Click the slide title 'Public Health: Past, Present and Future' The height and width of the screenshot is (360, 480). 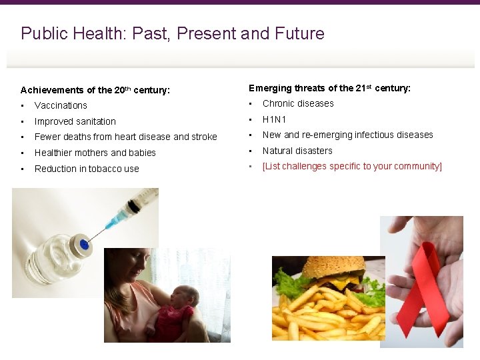point(173,33)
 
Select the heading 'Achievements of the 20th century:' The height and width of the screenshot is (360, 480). point(95,89)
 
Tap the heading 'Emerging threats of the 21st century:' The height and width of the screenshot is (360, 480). point(329,88)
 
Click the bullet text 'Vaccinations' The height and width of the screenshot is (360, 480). point(61,105)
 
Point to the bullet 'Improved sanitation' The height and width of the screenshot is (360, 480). point(75,121)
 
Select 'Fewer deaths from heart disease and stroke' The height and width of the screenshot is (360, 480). point(125,137)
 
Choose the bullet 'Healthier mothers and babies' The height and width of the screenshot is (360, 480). point(95,153)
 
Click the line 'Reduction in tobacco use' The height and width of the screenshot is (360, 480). point(87,169)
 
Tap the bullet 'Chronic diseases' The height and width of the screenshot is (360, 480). point(298,103)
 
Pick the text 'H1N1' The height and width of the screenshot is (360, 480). point(274,119)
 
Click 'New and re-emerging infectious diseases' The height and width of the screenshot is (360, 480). point(347,135)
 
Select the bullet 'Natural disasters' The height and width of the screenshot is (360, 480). point(297,151)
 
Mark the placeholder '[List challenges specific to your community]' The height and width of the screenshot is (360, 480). point(352,166)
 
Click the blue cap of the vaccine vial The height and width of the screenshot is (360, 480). point(83,244)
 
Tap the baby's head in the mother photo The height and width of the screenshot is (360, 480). point(189,297)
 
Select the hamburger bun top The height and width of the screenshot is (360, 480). point(333,268)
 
